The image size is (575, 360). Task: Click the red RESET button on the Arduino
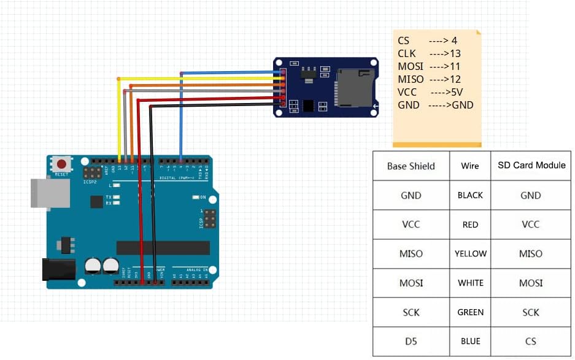click(61, 164)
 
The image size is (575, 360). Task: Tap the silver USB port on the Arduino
click(44, 192)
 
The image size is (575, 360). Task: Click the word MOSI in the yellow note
click(411, 66)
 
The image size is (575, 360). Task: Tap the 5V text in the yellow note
click(455, 92)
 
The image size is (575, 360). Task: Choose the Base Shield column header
click(411, 166)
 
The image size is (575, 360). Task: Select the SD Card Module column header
click(531, 165)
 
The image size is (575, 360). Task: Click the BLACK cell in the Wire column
click(470, 195)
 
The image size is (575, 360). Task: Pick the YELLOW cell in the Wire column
click(470, 253)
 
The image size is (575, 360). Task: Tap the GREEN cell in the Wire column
click(470, 312)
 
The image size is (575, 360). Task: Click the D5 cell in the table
click(411, 341)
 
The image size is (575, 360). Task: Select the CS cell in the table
click(531, 341)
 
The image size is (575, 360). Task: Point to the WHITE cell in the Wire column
click(470, 283)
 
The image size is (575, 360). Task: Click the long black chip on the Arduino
click(163, 248)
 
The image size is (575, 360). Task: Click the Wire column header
click(470, 165)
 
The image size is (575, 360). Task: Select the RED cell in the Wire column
click(470, 224)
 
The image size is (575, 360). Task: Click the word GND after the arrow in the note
click(463, 105)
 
